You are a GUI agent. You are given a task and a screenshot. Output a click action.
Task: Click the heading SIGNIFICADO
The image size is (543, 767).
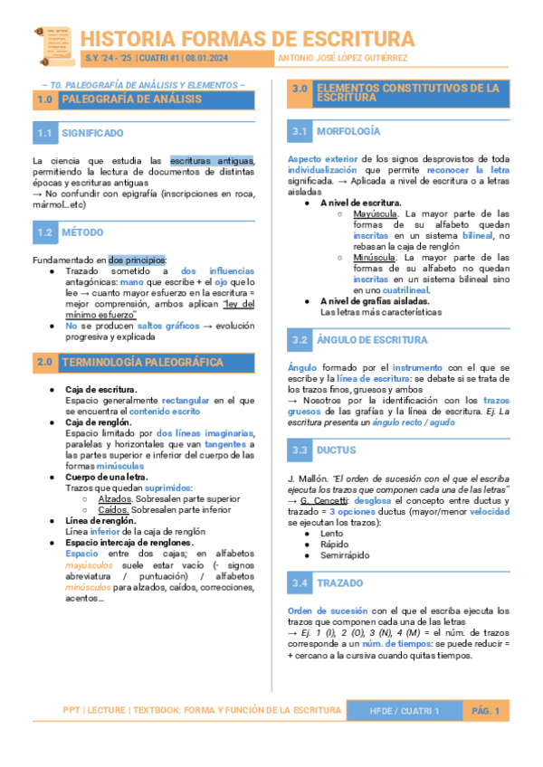click(x=92, y=133)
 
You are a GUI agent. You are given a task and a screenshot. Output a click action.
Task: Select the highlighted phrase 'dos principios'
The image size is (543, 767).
click(x=137, y=260)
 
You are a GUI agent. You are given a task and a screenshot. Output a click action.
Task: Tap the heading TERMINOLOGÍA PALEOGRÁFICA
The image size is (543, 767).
click(x=142, y=362)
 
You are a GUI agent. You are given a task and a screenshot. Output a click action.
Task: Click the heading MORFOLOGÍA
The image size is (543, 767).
click(x=348, y=132)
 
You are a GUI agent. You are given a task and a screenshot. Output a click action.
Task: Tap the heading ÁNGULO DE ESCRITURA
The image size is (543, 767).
click(x=372, y=340)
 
